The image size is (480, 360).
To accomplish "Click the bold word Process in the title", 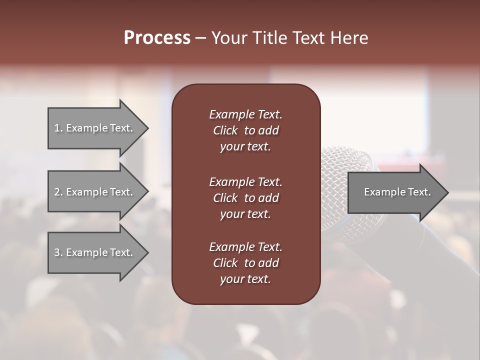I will tap(157, 38).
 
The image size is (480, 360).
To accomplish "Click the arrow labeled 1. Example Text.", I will tap(95, 128).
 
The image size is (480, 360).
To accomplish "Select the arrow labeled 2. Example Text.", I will tap(95, 192).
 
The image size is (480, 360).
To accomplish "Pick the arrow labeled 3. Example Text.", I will tap(95, 252).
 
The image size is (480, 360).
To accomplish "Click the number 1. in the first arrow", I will tap(58, 128).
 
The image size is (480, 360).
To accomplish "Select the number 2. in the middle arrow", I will tap(58, 192).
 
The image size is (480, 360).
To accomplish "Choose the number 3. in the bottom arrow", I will tap(58, 252).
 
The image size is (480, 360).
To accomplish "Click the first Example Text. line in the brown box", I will tap(245, 114).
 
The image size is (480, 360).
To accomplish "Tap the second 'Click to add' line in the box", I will tap(245, 198).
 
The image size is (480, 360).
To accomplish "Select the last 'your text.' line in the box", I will tap(245, 279).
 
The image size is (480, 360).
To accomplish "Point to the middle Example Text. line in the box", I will tap(245, 181).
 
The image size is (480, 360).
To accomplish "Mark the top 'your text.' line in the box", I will tap(245, 147).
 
